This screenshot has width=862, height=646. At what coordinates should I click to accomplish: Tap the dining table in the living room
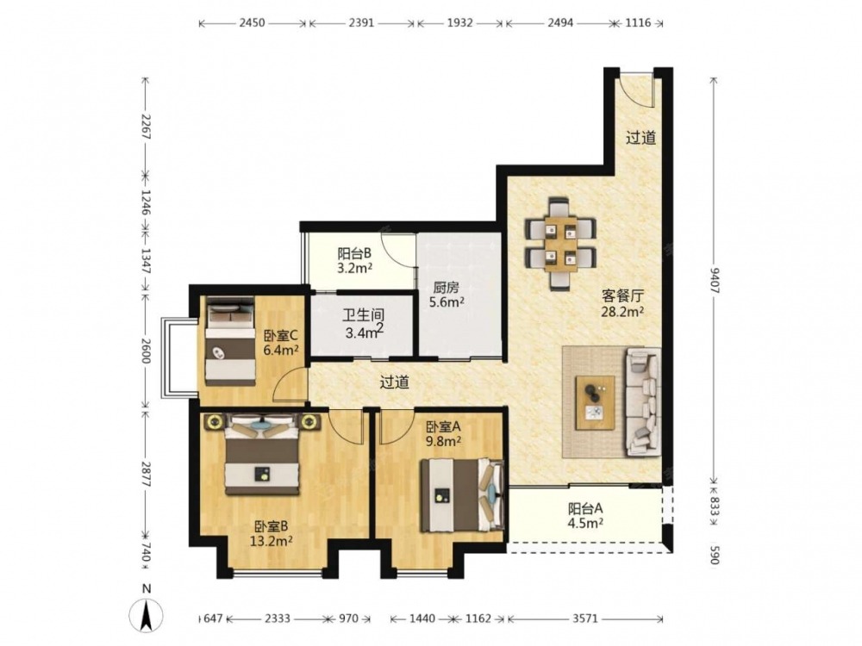tap(561, 244)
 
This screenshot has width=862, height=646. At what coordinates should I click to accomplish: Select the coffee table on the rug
tap(595, 402)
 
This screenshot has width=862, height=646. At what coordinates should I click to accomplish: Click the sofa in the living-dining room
tap(643, 401)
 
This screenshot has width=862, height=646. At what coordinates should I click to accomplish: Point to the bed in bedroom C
tap(230, 340)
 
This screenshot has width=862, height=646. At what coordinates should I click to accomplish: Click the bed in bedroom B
tap(262, 454)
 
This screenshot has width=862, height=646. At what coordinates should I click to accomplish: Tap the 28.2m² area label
tap(623, 312)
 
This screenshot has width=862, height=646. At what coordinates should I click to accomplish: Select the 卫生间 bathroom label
tap(363, 315)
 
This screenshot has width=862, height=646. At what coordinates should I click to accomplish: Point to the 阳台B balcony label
tap(354, 253)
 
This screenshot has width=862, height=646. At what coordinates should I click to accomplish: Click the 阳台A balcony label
tap(585, 508)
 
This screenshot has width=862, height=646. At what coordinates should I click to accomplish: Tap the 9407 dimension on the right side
tap(714, 280)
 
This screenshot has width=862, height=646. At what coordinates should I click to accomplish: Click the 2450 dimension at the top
tap(253, 23)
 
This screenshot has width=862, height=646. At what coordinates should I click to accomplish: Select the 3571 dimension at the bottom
tap(585, 618)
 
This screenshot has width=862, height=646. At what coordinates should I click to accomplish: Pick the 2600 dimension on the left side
tap(146, 350)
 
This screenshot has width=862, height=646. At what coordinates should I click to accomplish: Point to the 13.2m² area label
tap(271, 541)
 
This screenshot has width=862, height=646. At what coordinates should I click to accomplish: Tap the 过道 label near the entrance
tap(641, 137)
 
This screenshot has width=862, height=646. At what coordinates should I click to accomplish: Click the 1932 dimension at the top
tap(459, 23)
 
